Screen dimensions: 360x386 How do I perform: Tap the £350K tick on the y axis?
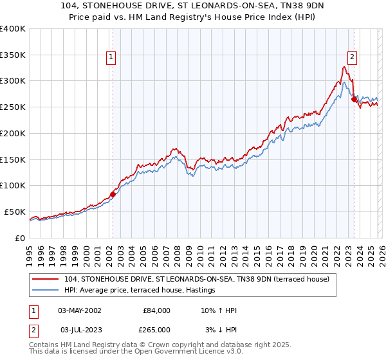coord(12,55)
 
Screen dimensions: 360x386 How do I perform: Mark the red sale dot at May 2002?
coord(113,194)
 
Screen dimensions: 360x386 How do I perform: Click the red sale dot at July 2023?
coord(354,100)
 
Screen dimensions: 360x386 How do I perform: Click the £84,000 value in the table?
coord(157,310)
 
